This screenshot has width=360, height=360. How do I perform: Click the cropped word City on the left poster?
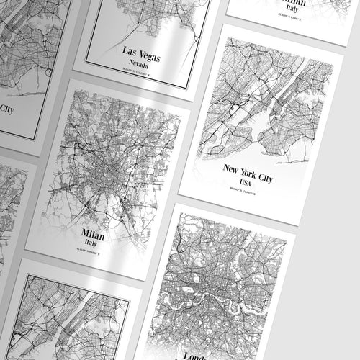tap(6, 109)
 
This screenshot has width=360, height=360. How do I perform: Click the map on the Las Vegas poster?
tap(158, 18)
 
